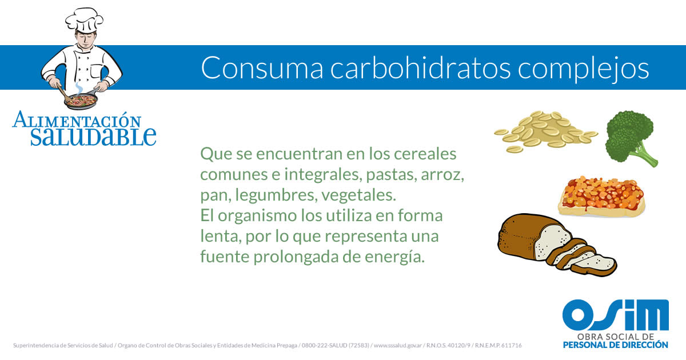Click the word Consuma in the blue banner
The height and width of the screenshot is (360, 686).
(262, 68)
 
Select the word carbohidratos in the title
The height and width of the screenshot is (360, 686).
(420, 67)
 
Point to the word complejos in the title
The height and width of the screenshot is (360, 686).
(583, 70)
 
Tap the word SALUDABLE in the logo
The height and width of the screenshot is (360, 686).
(93, 137)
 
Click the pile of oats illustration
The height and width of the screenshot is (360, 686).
(545, 131)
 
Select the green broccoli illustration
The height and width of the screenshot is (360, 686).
(631, 138)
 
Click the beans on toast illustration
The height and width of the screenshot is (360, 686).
(601, 197)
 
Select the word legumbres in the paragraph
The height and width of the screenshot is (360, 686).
(276, 195)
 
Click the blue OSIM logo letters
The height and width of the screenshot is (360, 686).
(616, 315)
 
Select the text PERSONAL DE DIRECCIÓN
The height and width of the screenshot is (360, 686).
(616, 345)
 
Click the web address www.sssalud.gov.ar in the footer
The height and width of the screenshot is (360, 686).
(398, 345)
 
